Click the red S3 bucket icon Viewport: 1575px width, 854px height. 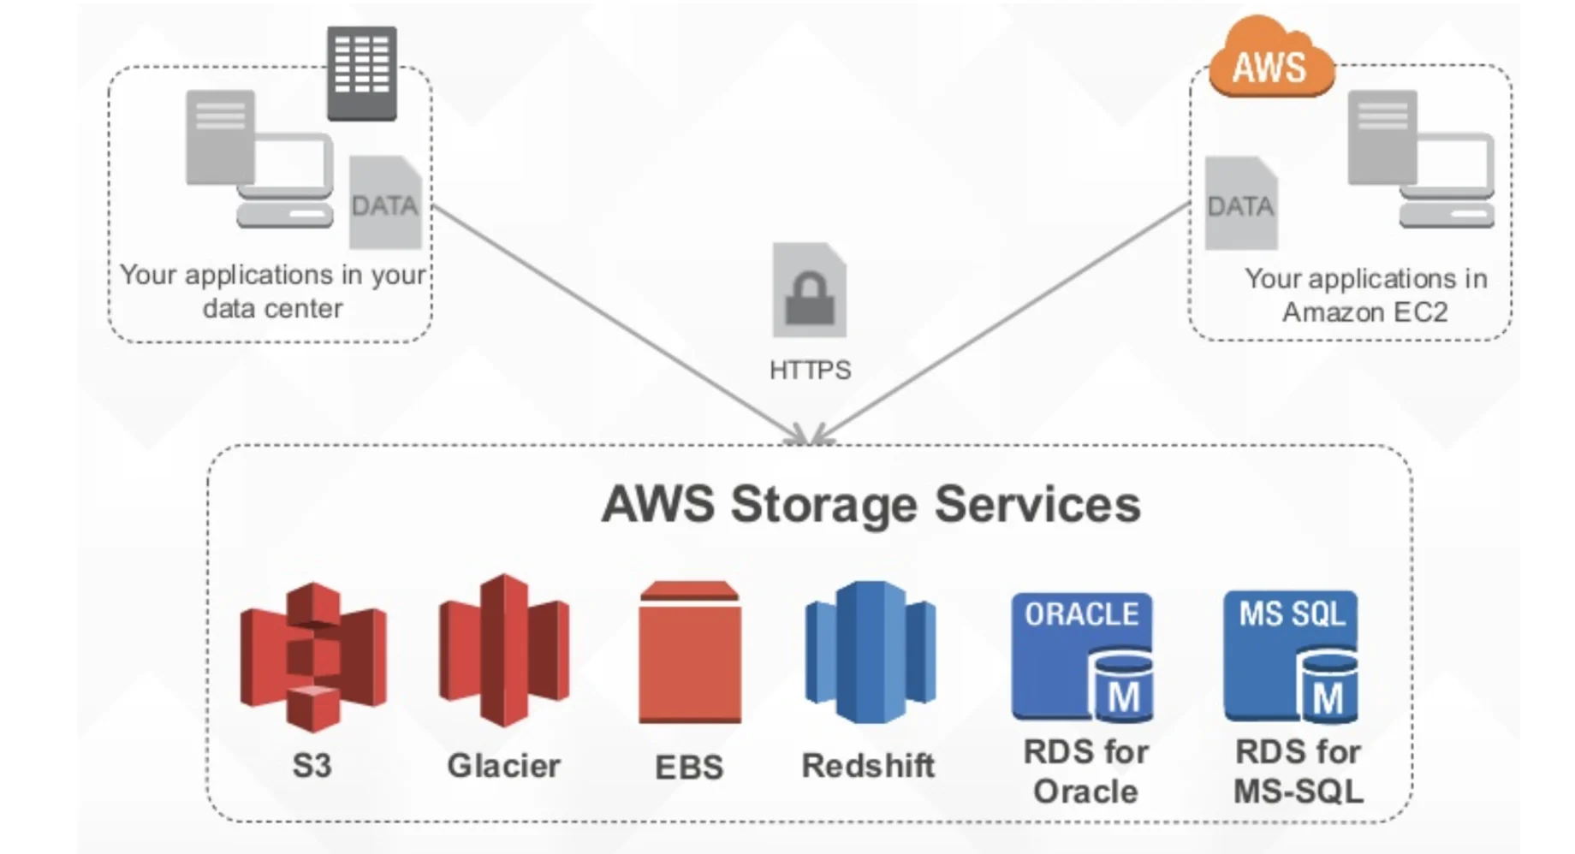[313, 655]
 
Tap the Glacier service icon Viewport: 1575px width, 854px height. [504, 650]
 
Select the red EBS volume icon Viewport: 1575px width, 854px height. [690, 653]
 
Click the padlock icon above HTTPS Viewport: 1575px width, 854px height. [809, 291]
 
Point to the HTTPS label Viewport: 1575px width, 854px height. [810, 370]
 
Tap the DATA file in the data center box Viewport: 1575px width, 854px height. [385, 204]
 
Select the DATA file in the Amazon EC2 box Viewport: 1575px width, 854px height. [1240, 205]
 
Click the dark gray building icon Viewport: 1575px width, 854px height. [361, 72]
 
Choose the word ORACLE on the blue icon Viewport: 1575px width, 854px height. [1082, 614]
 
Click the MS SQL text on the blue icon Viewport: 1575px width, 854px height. [1292, 613]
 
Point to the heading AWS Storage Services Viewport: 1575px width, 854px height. [871, 503]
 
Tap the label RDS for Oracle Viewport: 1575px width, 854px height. [1085, 771]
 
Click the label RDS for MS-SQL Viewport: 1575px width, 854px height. [1298, 771]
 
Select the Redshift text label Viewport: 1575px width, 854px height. [868, 765]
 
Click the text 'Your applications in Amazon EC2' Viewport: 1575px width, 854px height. [1365, 295]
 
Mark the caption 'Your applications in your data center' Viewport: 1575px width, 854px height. [272, 291]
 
